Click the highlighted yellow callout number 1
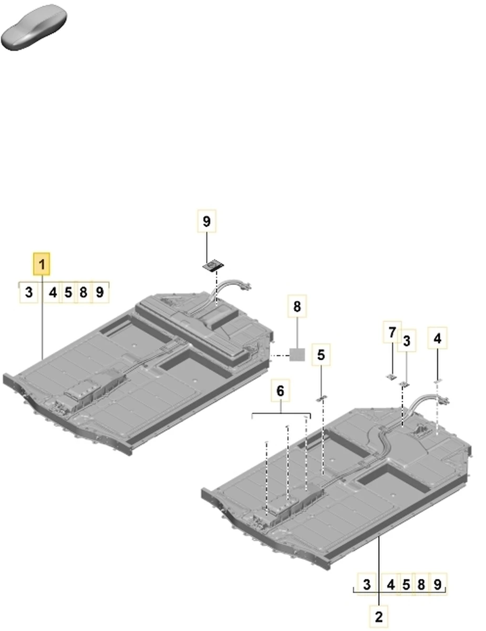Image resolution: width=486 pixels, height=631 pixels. coord(42,264)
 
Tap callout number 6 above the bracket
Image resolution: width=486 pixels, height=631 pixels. coord(280,391)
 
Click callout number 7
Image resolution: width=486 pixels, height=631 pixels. coord(392,332)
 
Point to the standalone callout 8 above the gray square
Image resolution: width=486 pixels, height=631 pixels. coord(297,307)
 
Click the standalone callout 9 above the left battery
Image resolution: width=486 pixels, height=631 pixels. coord(206,221)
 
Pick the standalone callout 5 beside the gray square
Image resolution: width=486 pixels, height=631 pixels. coord(321,354)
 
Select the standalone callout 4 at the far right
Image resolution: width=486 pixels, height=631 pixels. coord(437,338)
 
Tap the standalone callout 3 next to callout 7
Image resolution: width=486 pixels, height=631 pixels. coord(407,341)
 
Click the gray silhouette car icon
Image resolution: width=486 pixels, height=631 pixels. coord(34,27)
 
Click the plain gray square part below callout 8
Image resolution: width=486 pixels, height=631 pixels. coord(297,355)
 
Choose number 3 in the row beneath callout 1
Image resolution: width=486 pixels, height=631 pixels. coord(28,292)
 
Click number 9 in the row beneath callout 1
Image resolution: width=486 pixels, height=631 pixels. coord(100,292)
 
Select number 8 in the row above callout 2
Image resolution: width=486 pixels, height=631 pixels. coord(421,584)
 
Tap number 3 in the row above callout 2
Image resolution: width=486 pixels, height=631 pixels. coord(367,584)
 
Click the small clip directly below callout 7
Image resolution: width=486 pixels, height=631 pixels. coord(391,377)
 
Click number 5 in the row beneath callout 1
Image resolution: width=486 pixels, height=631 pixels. coord(68,292)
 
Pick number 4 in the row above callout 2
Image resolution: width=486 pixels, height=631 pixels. coord(391,584)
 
